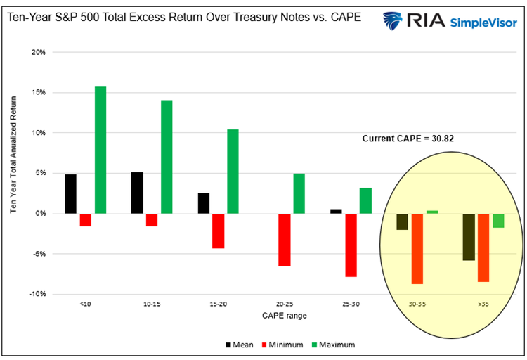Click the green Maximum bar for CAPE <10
point(100,150)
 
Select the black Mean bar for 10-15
point(137,193)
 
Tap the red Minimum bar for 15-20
point(218,231)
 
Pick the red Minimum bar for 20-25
point(285,240)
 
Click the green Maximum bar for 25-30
point(365,200)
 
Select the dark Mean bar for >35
point(469,237)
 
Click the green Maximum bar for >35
point(498,221)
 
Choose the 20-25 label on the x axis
point(284,304)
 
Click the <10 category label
point(85,304)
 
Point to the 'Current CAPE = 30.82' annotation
point(408,139)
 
